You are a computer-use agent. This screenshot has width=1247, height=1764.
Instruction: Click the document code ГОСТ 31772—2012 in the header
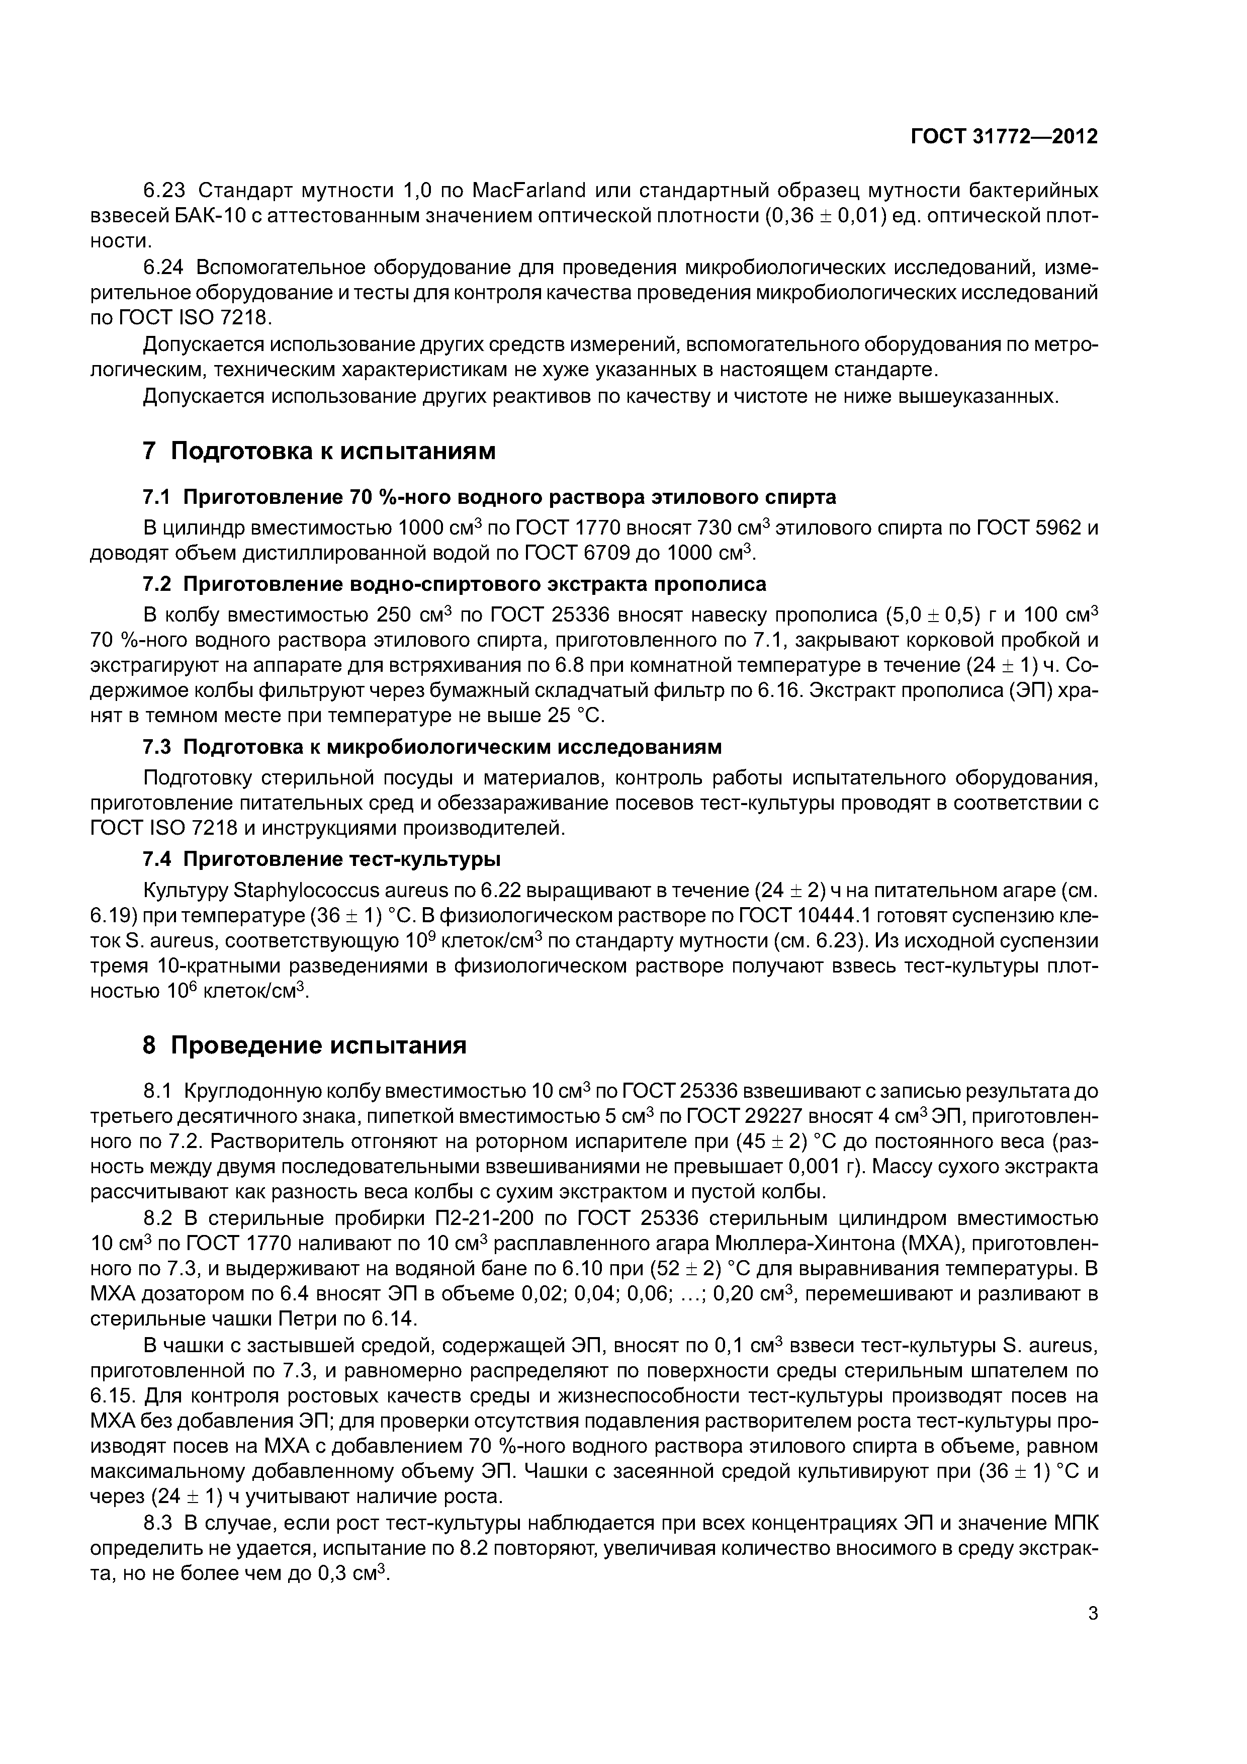point(1004,137)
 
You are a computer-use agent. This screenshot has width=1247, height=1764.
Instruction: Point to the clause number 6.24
point(164,268)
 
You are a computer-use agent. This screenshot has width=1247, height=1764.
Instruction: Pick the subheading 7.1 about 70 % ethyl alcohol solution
point(489,497)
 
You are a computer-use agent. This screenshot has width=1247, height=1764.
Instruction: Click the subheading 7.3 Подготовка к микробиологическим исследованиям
point(432,747)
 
